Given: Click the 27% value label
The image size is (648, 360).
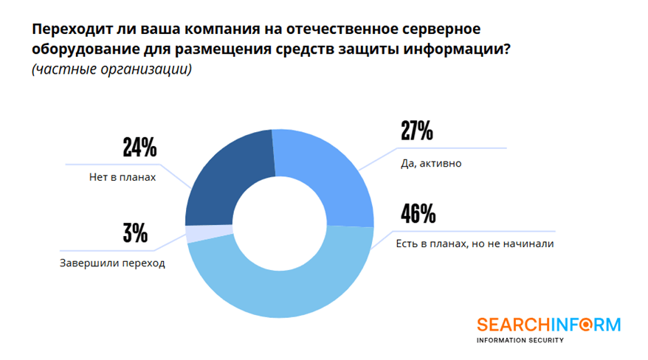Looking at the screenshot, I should (x=416, y=131).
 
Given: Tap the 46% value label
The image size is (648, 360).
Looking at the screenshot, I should (x=418, y=214).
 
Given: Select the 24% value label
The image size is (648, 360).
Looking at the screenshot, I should (x=139, y=148).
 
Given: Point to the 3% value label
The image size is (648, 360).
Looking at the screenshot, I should (x=135, y=234).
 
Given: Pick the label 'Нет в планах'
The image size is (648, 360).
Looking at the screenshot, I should (x=117, y=178).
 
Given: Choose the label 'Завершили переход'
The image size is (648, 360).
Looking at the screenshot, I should (x=112, y=263).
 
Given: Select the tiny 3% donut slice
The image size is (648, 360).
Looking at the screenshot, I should (x=193, y=234).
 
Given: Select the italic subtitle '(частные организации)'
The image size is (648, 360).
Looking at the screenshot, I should (x=111, y=70).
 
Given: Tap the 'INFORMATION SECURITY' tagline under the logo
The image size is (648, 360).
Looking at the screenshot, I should (x=520, y=340).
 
